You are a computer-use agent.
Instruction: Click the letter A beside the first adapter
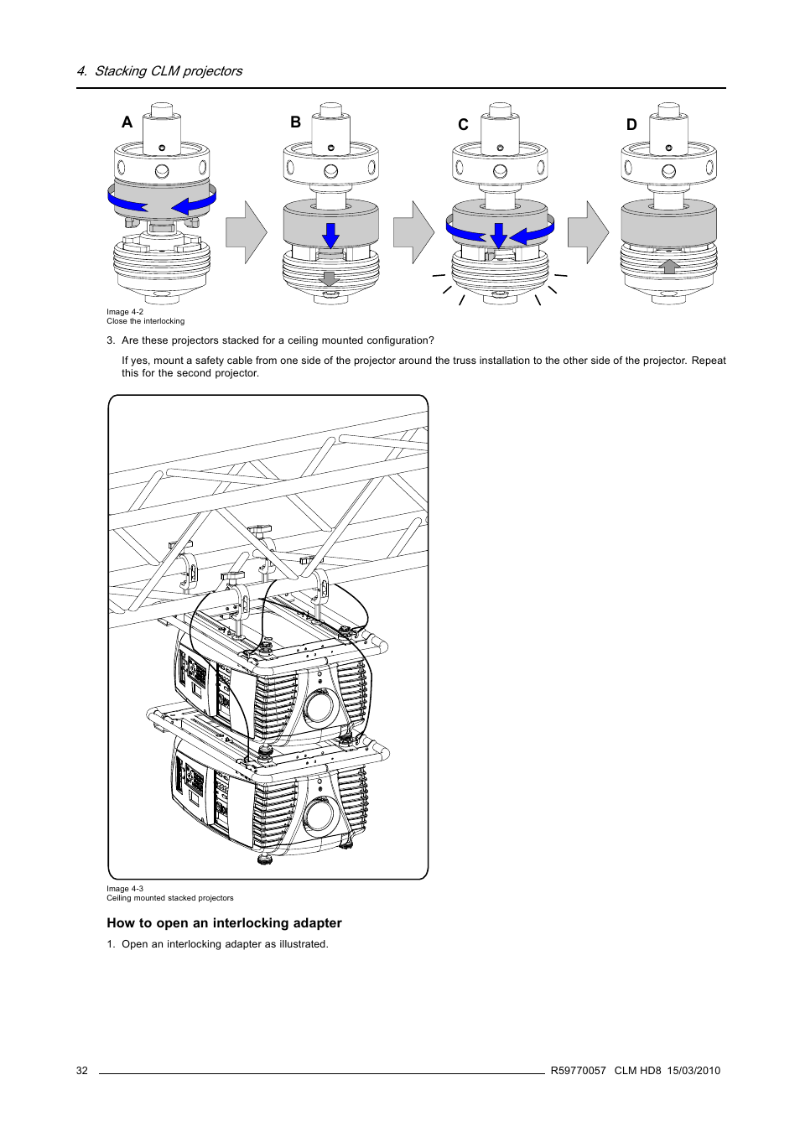click(127, 122)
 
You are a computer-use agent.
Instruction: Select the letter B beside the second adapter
click(295, 122)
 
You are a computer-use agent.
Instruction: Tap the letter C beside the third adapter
click(463, 125)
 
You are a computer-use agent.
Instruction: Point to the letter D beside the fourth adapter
click(631, 125)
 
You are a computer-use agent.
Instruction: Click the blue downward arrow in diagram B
click(330, 235)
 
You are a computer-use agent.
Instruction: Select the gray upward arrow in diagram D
click(668, 267)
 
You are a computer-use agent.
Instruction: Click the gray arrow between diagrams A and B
click(246, 232)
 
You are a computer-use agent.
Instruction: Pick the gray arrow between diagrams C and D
click(588, 232)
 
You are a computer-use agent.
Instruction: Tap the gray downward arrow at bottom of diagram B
click(330, 278)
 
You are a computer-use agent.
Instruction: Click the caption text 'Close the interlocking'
click(145, 321)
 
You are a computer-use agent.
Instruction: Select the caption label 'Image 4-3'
click(125, 889)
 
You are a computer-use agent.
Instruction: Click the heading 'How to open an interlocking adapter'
click(224, 923)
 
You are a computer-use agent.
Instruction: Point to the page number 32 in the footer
click(82, 1071)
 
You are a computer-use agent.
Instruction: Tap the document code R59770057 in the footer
click(578, 1071)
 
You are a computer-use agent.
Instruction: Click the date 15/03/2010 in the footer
click(694, 1071)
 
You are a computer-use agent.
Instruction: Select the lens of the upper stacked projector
click(320, 707)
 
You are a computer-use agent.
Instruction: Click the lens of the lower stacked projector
click(320, 814)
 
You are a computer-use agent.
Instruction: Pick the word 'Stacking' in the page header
click(121, 71)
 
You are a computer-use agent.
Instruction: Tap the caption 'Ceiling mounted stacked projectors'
click(170, 898)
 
